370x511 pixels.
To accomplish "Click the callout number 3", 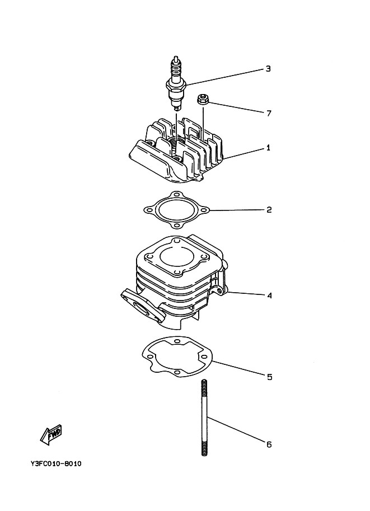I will click(268, 69).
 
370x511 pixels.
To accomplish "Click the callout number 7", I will click(269, 113).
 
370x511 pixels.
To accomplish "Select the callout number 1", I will click(268, 148).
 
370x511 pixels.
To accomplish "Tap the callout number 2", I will click(269, 210).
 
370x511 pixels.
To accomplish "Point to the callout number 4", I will click(269, 295).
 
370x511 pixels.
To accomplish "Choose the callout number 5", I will click(269, 377).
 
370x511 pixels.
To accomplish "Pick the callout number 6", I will click(269, 444).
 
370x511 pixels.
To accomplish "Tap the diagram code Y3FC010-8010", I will click(57, 464).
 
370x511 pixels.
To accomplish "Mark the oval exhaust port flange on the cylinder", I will click(139, 305).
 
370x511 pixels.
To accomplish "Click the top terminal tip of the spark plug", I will click(177, 58).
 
